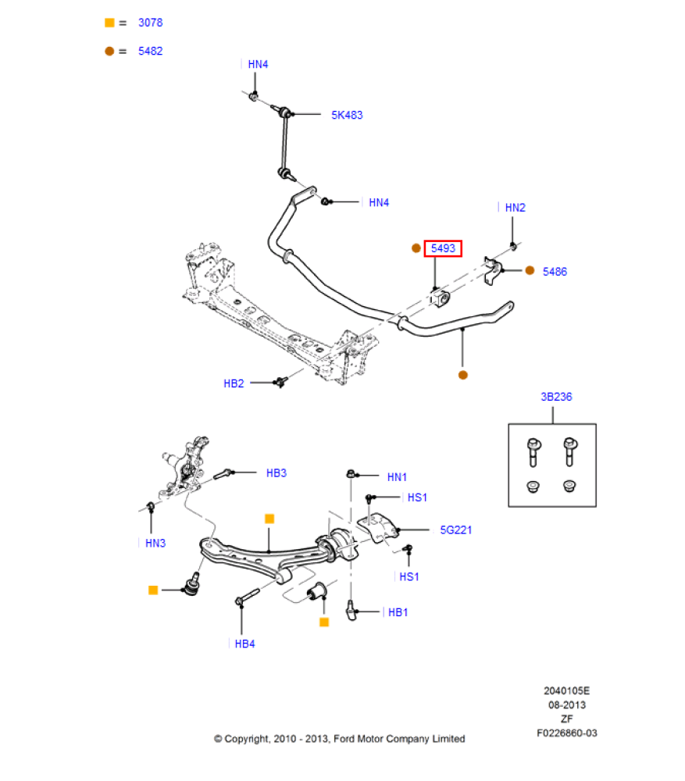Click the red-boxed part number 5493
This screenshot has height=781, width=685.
[443, 248]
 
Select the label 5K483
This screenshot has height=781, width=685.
[347, 115]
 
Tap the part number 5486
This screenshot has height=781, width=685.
[555, 272]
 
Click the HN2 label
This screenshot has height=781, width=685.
[515, 208]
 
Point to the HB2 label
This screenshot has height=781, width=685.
[234, 383]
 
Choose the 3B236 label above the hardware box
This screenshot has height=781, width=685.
[556, 397]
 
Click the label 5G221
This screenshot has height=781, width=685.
[455, 530]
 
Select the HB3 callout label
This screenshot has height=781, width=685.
[276, 473]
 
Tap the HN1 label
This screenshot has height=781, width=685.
[397, 476]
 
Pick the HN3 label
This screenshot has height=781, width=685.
[155, 543]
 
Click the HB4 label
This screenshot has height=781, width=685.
[244, 644]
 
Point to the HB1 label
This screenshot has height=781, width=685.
[398, 612]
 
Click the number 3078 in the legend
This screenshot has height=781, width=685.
[151, 23]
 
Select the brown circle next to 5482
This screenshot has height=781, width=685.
[109, 51]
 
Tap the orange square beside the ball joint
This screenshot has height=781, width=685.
[153, 590]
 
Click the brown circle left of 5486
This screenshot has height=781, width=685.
[530, 271]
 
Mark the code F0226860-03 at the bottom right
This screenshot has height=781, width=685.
[567, 733]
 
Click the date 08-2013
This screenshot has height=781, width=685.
[567, 705]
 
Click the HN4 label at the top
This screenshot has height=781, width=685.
[258, 65]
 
